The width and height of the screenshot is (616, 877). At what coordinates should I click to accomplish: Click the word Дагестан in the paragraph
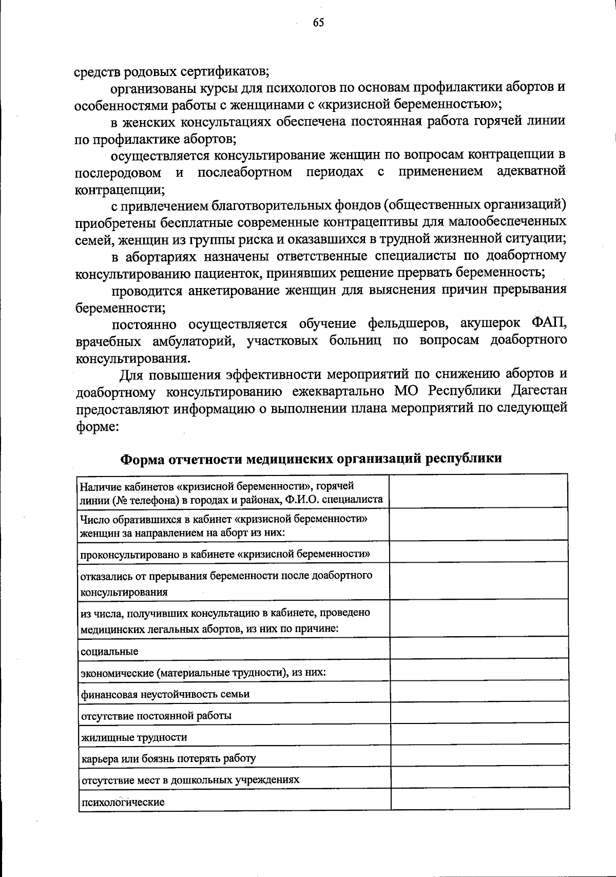(x=539, y=391)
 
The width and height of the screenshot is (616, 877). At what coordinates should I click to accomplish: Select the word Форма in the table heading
(x=143, y=458)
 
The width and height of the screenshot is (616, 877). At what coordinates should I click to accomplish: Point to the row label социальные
(x=109, y=652)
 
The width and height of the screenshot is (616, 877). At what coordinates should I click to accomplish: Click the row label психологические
(x=123, y=802)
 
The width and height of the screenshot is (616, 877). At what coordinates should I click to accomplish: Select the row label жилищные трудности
(x=133, y=737)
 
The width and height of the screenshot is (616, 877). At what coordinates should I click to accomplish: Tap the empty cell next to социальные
(x=479, y=649)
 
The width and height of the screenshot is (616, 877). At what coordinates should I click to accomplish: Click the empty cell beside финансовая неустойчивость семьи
(x=479, y=692)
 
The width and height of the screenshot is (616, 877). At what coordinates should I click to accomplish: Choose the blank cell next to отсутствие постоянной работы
(x=479, y=714)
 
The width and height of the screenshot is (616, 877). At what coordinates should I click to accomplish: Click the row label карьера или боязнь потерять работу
(x=168, y=758)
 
